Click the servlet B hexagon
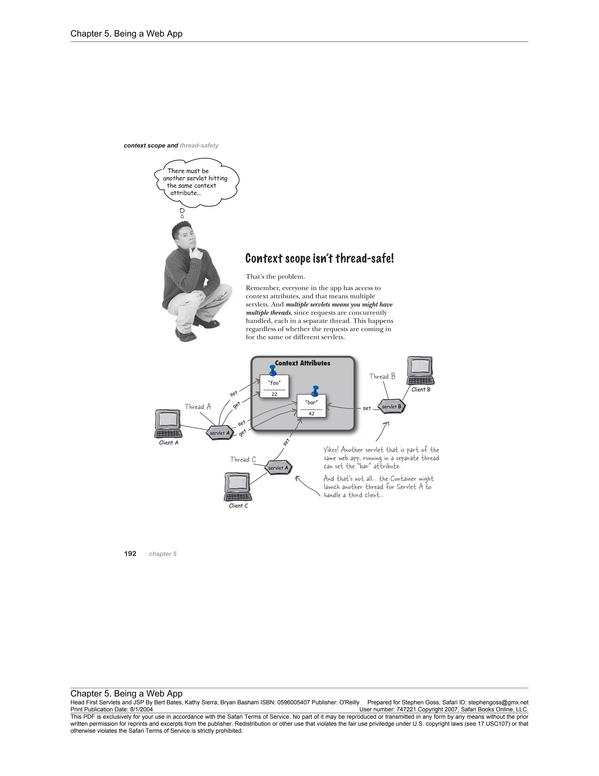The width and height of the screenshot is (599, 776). (391, 406)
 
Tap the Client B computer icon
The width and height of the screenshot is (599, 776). (421, 371)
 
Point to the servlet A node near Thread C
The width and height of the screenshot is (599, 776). (278, 468)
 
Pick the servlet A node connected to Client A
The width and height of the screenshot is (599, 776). (220, 433)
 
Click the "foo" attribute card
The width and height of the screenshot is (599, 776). (274, 386)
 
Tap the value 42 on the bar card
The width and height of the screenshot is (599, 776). (311, 413)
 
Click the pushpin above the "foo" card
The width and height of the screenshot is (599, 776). (273, 370)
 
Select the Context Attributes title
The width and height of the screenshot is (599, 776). (302, 363)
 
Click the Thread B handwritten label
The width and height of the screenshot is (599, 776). (382, 376)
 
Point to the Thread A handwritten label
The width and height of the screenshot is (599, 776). (198, 407)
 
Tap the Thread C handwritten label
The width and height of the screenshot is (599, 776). (243, 459)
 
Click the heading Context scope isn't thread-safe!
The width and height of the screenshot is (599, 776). (319, 258)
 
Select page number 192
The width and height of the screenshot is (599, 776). (130, 553)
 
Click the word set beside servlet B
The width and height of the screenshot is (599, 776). (366, 408)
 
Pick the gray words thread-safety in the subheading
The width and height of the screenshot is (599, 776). (199, 145)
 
